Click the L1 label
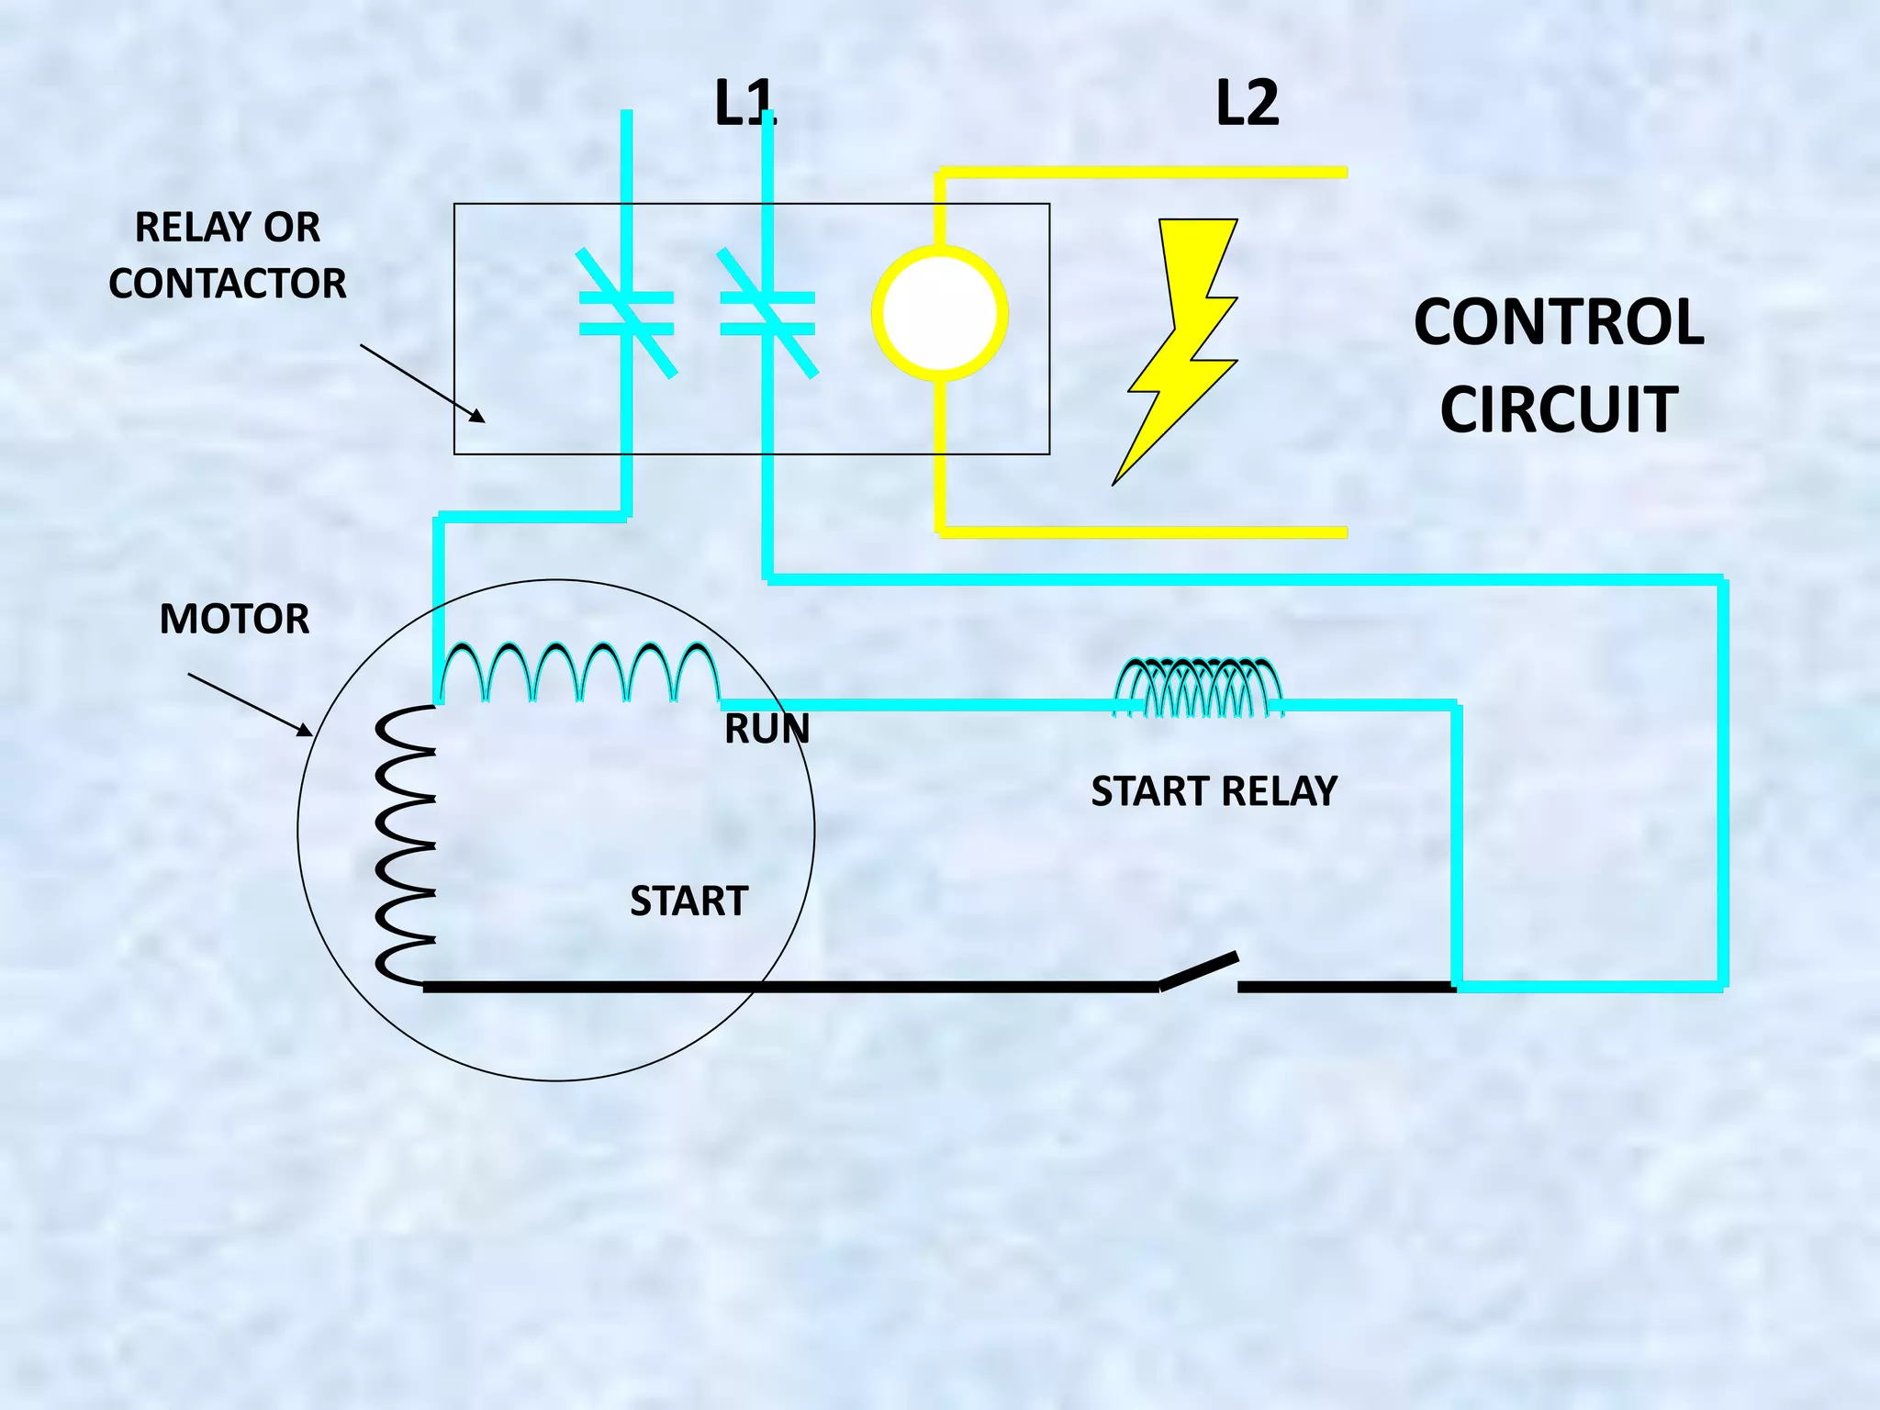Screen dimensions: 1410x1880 744,103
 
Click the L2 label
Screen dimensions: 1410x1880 1247,103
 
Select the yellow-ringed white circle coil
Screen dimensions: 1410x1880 939,313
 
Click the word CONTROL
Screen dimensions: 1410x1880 1558,322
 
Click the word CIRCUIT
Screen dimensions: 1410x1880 1558,409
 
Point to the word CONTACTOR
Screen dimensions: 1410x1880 228,283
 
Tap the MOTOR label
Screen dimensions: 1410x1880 234,619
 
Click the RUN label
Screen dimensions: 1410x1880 767,729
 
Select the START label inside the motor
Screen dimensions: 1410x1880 688,901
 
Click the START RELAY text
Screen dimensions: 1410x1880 1214,791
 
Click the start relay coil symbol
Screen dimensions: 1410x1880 1198,688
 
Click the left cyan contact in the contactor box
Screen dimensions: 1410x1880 627,313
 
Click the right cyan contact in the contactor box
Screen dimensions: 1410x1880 767,313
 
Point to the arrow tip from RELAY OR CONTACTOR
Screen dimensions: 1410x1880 483,421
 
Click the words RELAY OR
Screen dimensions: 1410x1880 228,227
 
